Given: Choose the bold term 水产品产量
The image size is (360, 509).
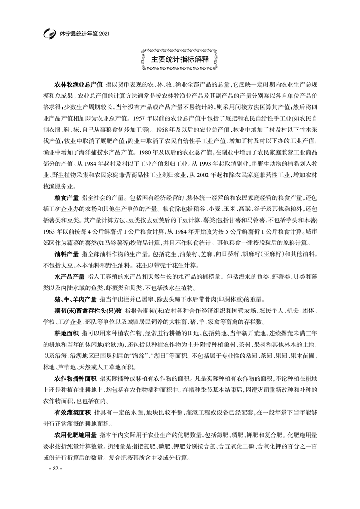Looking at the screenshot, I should tap(70, 276).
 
